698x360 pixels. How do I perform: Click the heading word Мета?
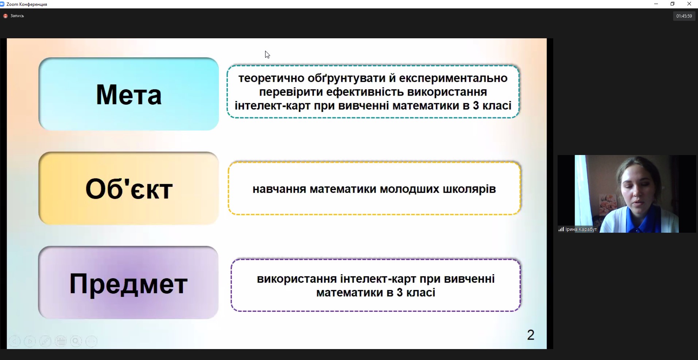(129, 95)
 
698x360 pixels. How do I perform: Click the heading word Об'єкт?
(129, 189)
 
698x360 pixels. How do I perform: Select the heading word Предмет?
(128, 284)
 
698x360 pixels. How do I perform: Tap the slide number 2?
(531, 335)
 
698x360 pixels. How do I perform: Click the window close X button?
(689, 4)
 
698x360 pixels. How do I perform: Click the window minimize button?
(656, 4)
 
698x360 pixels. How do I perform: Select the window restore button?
(672, 4)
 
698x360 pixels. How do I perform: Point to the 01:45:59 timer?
(684, 16)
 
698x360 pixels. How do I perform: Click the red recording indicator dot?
(5, 16)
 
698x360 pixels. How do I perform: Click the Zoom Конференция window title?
(27, 4)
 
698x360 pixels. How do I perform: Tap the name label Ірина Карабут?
(581, 229)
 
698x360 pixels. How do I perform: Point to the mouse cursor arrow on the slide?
(267, 55)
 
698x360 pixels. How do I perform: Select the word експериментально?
(453, 78)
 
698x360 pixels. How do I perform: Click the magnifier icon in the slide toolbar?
(76, 341)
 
